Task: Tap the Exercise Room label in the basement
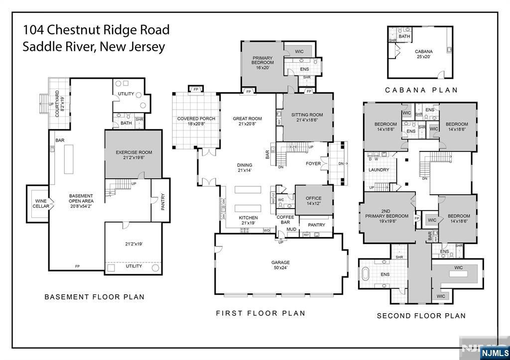tap(134, 155)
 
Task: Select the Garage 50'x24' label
tap(280, 265)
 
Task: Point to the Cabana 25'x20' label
tap(423, 54)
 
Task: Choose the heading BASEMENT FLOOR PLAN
tap(95, 297)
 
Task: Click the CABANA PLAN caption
tap(421, 90)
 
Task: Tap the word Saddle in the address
tap(42, 47)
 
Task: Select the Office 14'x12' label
tap(314, 201)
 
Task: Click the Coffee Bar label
tap(285, 220)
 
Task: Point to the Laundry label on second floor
tap(379, 170)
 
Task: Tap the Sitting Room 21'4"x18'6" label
tap(307, 118)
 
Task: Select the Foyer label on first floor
tap(313, 163)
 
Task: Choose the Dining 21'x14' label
tap(245, 168)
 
